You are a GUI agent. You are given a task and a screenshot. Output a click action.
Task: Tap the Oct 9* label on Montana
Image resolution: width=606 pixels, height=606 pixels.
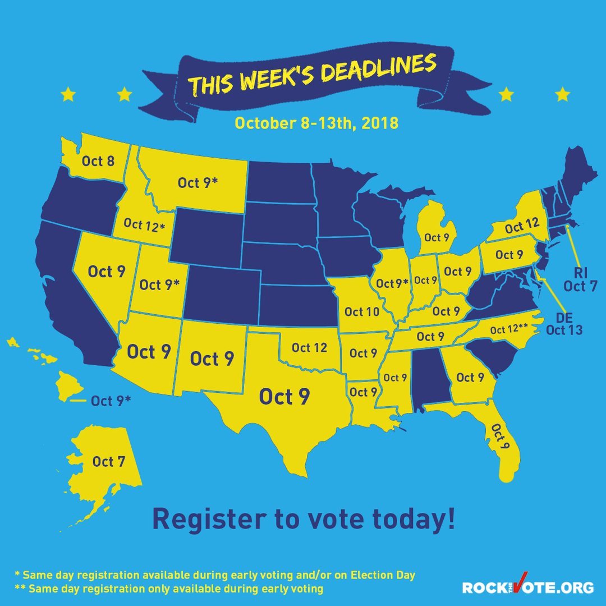[198, 182]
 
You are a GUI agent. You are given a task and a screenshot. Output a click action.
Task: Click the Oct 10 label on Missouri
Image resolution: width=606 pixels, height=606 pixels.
[362, 311]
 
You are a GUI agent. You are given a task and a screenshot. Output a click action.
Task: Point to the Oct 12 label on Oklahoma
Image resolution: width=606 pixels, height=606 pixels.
[309, 348]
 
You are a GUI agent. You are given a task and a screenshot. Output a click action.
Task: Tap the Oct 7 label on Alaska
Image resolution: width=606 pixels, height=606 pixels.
[109, 462]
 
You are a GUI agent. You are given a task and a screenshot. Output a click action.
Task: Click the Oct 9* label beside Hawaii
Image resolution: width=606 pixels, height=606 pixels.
[111, 401]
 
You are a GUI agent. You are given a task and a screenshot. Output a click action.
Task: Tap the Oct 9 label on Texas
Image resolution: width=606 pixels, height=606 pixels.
[284, 397]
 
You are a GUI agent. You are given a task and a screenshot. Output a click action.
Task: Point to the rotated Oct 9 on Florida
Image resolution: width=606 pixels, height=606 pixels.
[501, 439]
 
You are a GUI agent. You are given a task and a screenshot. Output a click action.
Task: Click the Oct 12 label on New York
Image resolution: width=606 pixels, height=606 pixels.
[521, 228]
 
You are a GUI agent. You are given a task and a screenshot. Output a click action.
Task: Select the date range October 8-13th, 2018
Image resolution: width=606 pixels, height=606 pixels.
[316, 123]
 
